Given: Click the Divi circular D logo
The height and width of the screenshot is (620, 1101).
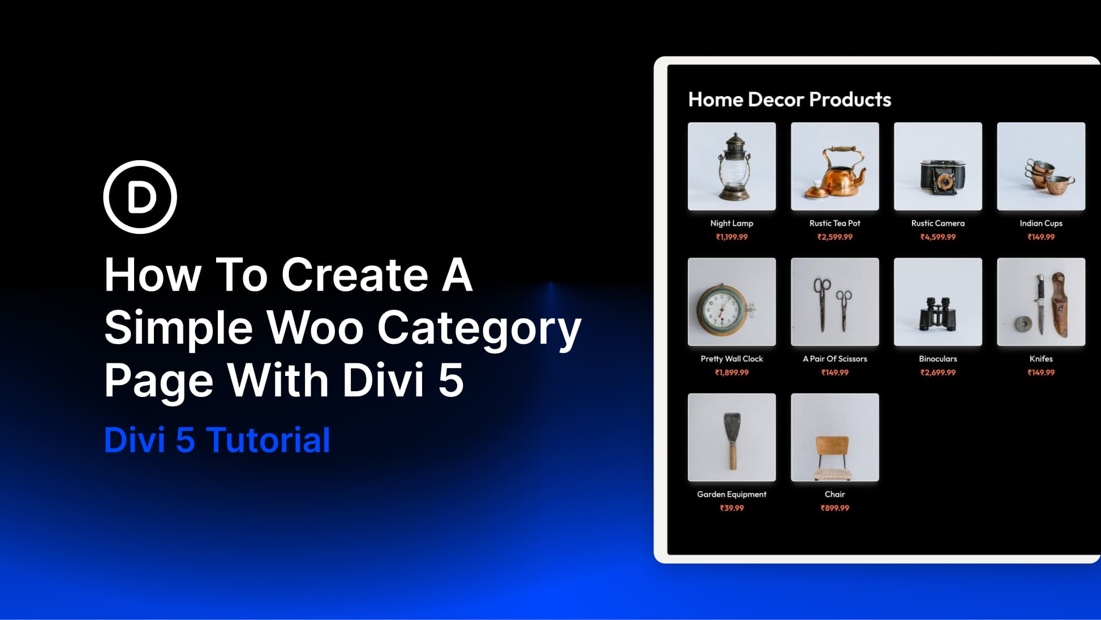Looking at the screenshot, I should (140, 197).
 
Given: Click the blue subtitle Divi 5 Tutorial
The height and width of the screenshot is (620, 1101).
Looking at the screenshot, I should (217, 440).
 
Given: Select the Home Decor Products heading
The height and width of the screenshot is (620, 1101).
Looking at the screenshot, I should (789, 100).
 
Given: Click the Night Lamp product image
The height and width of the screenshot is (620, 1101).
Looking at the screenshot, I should (732, 166).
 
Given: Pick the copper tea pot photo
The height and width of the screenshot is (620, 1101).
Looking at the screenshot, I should (835, 166).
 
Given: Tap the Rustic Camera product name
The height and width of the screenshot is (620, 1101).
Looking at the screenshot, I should (937, 223).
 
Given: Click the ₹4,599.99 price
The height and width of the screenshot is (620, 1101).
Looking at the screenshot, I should (937, 237).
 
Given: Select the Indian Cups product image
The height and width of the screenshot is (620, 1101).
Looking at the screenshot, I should (1040, 166).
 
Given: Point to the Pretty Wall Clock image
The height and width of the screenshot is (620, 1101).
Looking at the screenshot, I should (732, 302).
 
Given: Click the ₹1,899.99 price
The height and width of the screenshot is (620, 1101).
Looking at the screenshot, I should (732, 373).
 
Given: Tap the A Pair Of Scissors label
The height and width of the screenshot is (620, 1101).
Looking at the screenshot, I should (835, 359).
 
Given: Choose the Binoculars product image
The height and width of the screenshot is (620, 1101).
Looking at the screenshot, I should (937, 302).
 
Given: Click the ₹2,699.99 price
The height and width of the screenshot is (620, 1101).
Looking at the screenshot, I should (937, 373).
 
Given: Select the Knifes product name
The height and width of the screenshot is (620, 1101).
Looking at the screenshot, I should (1040, 359).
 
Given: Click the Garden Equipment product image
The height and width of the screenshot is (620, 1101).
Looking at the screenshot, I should (732, 437).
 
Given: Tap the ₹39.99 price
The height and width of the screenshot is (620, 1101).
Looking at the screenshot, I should (732, 508).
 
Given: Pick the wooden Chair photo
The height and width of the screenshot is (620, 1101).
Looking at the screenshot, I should (835, 437).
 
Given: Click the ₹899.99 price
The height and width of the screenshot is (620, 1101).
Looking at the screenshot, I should (835, 508).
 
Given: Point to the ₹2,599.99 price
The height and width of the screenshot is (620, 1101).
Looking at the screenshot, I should (835, 237).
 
